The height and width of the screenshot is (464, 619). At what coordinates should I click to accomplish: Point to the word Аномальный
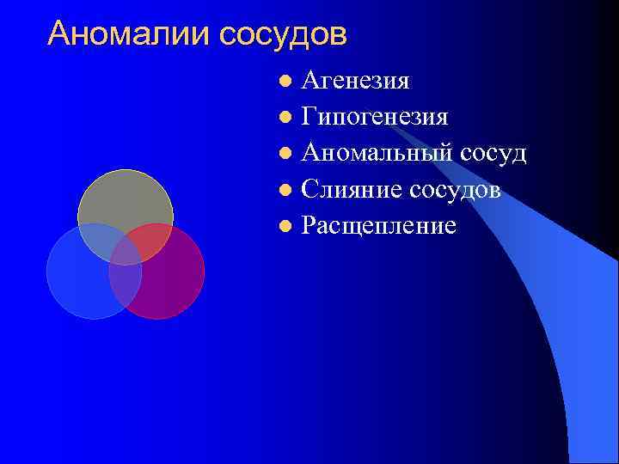pyautogui.click(x=382, y=154)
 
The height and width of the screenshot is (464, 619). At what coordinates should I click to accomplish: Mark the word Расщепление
pyautogui.click(x=378, y=226)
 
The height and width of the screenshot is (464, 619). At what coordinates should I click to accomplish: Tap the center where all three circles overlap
pyautogui.click(x=126, y=251)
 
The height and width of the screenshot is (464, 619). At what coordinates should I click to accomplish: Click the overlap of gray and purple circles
pyautogui.click(x=153, y=241)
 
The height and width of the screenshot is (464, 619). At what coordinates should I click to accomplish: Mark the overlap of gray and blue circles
pyautogui.click(x=96, y=241)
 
